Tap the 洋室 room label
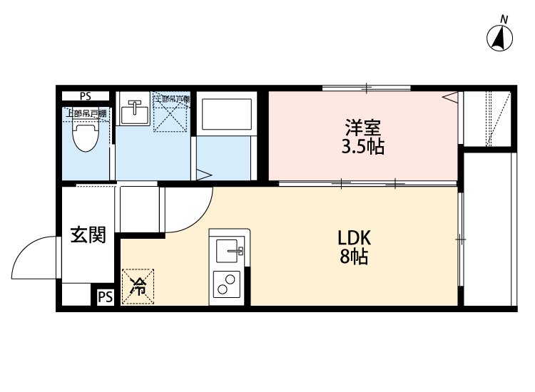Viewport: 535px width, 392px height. pyautogui.click(x=363, y=129)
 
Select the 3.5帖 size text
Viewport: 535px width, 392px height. pyautogui.click(x=363, y=148)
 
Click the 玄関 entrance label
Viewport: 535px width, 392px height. pyautogui.click(x=88, y=234)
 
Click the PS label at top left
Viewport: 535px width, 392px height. pyautogui.click(x=86, y=96)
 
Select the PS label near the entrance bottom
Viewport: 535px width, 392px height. pyautogui.click(x=105, y=296)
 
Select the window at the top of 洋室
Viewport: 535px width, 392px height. pyautogui.click(x=366, y=88)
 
